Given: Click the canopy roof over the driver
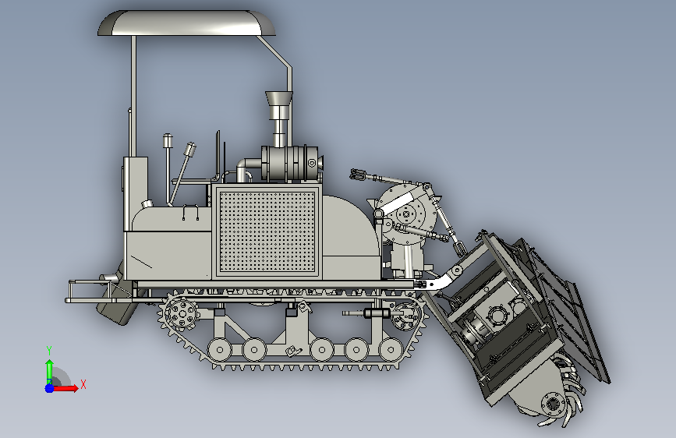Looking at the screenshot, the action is [186, 23].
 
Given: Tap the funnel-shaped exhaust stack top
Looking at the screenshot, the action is [278, 98].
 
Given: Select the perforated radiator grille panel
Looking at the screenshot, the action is [267, 231].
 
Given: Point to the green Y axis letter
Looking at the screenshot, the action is [49, 351].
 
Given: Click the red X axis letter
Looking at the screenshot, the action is [83, 384].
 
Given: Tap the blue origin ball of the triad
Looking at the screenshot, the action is [49, 388].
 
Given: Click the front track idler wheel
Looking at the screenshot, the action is [405, 316].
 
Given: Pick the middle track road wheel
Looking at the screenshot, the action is [322, 350].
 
